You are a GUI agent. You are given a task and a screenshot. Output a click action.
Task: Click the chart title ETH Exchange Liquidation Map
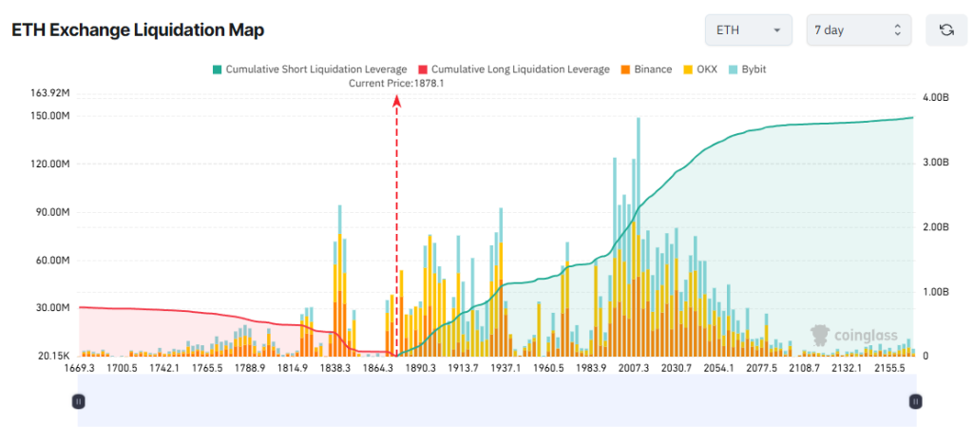point(138,30)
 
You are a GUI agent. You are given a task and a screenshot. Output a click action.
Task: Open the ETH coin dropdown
point(749,30)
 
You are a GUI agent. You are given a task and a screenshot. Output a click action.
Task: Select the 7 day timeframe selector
point(857,30)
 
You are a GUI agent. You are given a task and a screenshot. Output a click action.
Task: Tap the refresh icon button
point(945,30)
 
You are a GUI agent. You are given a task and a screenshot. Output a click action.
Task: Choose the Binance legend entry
point(646,69)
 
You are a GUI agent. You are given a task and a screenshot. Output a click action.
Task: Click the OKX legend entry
point(701,69)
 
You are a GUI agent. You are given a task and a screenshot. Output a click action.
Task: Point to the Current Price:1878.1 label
point(396,84)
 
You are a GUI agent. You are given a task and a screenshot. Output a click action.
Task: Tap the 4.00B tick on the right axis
point(935,98)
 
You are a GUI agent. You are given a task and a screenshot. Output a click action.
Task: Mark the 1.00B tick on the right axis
point(935,292)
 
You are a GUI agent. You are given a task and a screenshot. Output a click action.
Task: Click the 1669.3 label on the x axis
point(80,368)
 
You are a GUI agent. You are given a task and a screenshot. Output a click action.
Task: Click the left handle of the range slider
point(79,401)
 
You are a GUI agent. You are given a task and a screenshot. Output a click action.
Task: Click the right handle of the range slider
point(914,401)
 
